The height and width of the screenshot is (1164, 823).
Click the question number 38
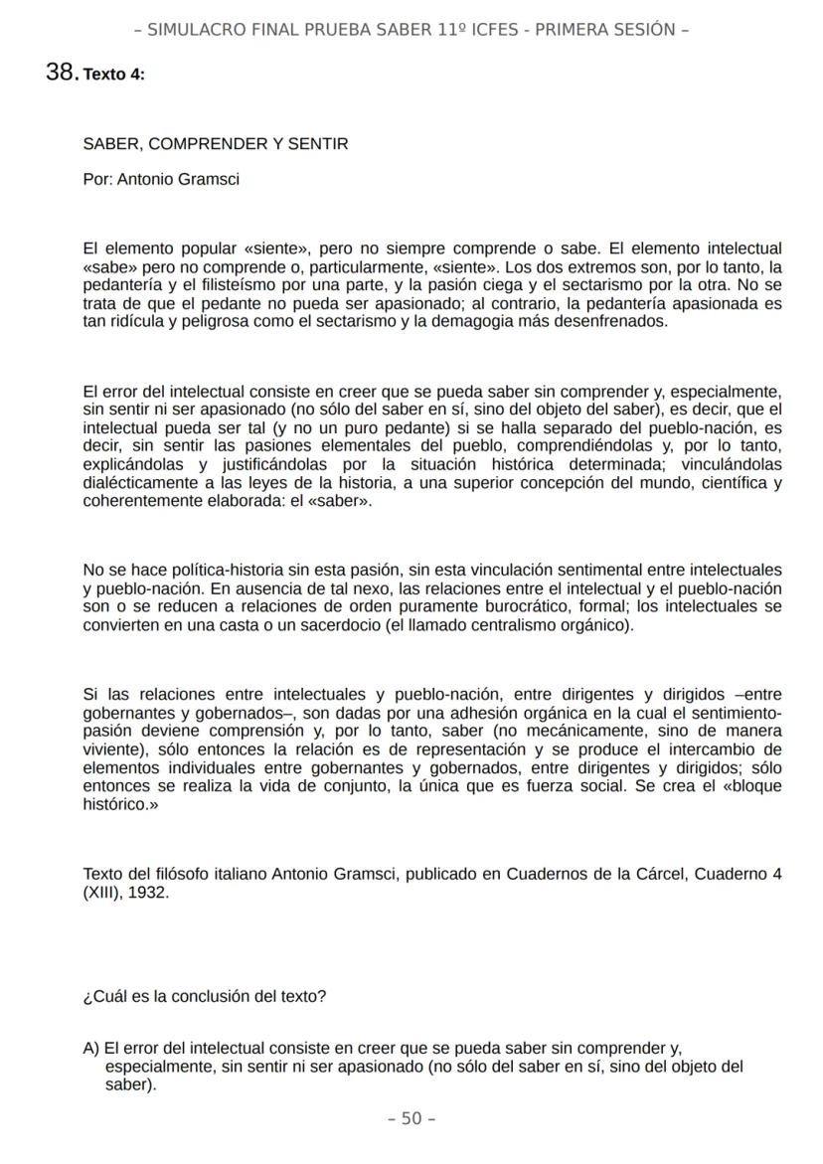[62, 73]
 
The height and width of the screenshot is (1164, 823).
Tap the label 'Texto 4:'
[114, 75]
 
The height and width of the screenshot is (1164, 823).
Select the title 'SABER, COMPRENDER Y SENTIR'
[216, 144]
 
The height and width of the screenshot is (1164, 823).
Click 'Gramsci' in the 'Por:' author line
[209, 180]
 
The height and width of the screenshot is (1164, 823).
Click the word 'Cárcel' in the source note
[661, 875]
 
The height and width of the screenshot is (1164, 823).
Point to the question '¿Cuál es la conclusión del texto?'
[205, 996]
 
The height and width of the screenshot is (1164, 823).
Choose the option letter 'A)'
[91, 1049]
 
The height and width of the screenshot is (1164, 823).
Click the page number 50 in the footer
[411, 1119]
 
